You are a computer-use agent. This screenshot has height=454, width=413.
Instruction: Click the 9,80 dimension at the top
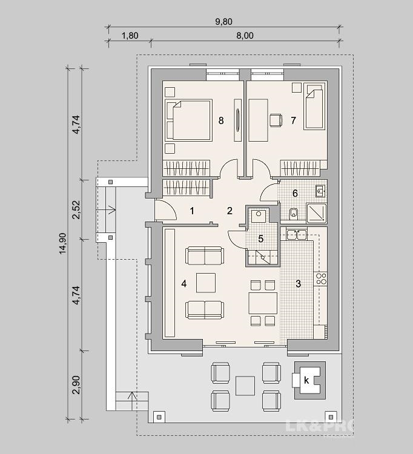pos(223,22)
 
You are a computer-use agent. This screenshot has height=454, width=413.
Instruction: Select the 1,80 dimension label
pos(130,36)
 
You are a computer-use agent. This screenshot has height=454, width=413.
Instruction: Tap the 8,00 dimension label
pos(245,36)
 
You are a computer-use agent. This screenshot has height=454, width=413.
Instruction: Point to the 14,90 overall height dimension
pos(63,243)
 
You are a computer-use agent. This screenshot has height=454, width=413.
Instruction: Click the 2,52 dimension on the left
pos(76,209)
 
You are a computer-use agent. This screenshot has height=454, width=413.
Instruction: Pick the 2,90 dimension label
pos(76,385)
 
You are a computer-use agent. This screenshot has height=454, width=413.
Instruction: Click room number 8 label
pos(221,120)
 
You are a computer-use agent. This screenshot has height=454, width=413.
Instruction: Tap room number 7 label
pos(293,120)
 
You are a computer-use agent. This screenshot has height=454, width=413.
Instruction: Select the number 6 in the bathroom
pos(295,193)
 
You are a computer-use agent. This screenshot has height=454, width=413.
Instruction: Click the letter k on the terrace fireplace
pos(306,381)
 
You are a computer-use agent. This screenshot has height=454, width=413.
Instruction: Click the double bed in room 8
pos(188,120)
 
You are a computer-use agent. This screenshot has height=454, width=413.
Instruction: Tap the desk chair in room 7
pos(276,120)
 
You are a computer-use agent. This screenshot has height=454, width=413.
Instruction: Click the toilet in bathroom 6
pos(294,214)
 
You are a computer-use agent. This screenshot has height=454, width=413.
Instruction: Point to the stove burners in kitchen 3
pos(321,278)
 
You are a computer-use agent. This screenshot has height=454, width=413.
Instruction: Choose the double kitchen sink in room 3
pos(297,234)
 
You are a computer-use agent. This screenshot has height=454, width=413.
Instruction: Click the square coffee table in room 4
pos(206,283)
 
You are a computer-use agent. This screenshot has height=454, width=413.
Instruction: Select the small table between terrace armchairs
pos(245,386)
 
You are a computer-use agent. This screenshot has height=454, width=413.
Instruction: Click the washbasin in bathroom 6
pos(321,191)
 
